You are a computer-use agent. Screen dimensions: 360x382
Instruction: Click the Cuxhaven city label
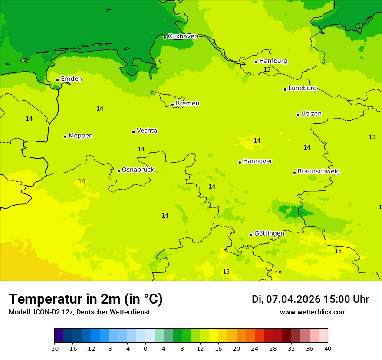coord(183,36)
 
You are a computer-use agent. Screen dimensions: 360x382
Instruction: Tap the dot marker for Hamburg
coord(256,62)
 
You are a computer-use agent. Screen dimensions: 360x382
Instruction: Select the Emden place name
coord(71,79)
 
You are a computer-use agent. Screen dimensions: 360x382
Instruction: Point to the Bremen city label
coord(187,104)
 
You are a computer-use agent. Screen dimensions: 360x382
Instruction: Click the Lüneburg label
coord(302,88)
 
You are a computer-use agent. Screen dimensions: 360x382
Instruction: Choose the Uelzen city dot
coord(298,115)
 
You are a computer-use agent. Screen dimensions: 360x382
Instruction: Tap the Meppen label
coord(80,136)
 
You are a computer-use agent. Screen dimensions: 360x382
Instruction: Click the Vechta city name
coord(147,131)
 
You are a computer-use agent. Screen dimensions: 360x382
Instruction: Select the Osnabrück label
coord(138,170)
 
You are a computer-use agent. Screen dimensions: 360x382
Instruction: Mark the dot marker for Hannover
coord(240,162)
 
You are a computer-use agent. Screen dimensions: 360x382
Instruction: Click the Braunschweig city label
coord(319,172)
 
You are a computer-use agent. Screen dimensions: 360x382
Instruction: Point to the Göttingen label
coord(269,234)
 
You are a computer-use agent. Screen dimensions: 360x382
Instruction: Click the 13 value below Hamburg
coord(267,70)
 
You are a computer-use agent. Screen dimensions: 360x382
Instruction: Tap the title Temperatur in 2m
coord(86,299)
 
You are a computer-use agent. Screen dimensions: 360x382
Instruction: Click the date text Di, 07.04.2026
coord(286,299)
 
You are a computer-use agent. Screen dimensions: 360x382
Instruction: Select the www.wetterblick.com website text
coord(313,312)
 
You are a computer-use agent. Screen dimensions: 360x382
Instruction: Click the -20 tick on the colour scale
coord(54,349)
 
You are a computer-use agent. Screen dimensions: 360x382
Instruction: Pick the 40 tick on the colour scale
coord(328,349)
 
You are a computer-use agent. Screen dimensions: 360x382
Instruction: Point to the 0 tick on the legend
coord(145,349)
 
